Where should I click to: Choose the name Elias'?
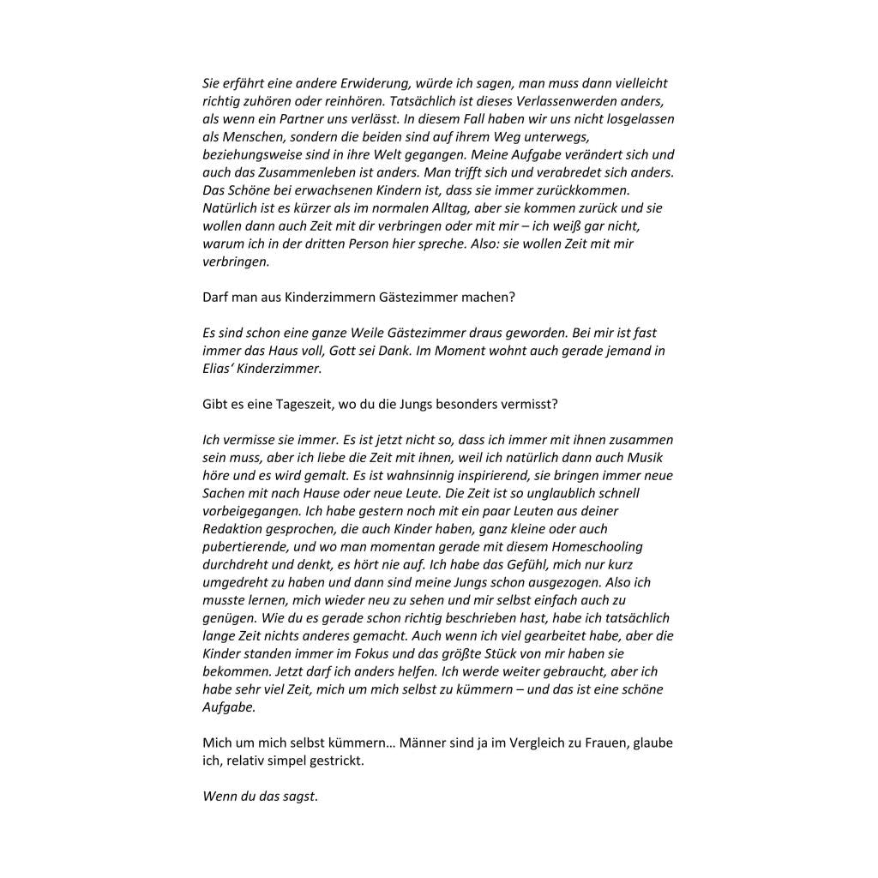220,369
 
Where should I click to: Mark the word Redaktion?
232,529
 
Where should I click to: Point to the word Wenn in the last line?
219,796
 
